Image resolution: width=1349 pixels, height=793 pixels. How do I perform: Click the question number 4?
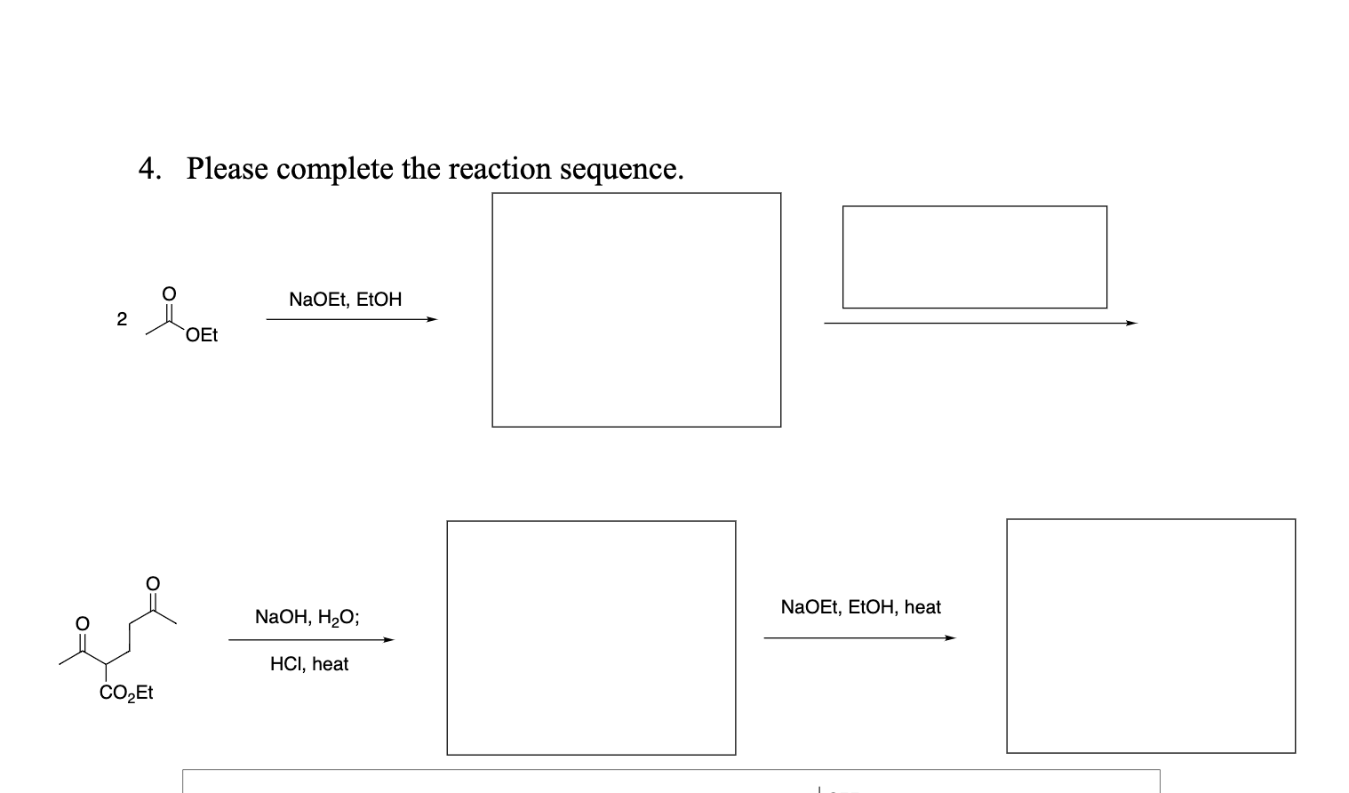click(x=148, y=168)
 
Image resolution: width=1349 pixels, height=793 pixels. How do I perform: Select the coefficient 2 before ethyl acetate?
click(x=122, y=319)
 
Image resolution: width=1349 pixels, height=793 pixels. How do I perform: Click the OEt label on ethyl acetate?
click(x=202, y=335)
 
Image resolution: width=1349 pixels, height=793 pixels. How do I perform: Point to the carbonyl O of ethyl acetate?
click(x=169, y=293)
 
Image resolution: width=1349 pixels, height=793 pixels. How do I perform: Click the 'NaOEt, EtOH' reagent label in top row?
click(x=345, y=300)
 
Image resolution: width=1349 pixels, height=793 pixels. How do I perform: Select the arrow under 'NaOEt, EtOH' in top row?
click(x=352, y=320)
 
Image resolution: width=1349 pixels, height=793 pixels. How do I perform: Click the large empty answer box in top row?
click(x=636, y=309)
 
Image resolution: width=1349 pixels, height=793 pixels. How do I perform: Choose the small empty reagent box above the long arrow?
click(x=974, y=257)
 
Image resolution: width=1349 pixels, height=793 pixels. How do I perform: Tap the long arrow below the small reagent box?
click(x=980, y=324)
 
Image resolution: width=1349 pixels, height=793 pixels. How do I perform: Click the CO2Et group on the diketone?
click(x=126, y=693)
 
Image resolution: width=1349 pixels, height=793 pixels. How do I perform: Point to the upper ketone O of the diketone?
click(x=153, y=583)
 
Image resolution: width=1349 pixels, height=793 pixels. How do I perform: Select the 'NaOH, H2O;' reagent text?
click(x=307, y=617)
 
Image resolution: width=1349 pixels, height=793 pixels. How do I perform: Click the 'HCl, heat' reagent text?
click(x=309, y=664)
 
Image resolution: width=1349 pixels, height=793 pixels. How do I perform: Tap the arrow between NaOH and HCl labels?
click(x=311, y=639)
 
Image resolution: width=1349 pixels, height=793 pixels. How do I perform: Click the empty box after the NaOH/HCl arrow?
click(x=591, y=637)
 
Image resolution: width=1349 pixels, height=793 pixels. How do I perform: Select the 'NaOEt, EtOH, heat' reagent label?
click(x=860, y=607)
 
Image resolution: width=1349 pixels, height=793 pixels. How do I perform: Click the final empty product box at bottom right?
click(x=1151, y=636)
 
